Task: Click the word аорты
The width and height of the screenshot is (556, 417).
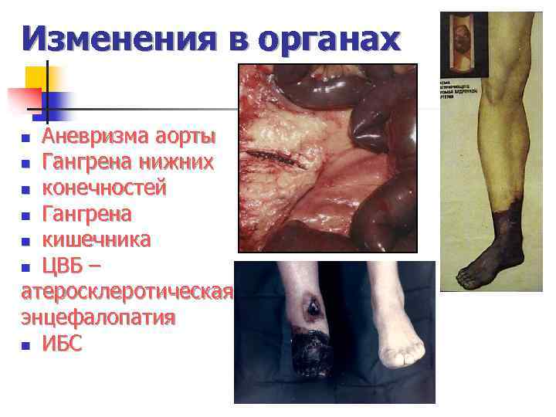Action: click(x=185, y=137)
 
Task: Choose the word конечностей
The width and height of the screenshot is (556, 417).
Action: click(x=103, y=188)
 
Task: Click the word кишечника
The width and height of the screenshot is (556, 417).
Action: click(x=97, y=239)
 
